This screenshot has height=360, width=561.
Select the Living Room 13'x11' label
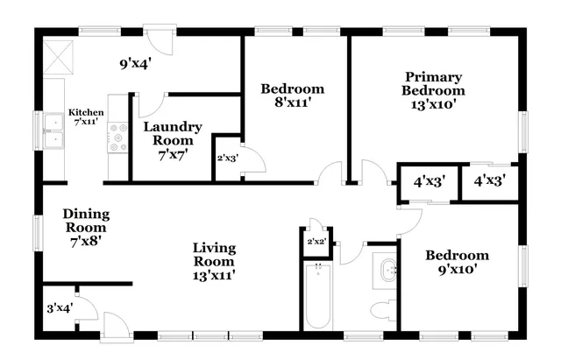(214, 260)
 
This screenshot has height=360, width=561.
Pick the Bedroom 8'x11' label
(293, 95)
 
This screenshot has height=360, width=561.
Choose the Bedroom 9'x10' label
(457, 262)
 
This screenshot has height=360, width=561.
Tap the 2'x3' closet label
(227, 159)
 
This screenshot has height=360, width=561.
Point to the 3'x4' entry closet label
(58, 308)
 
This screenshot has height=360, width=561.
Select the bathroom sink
(385, 271)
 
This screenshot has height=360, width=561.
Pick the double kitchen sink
(54, 138)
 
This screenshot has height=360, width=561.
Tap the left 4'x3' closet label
(429, 184)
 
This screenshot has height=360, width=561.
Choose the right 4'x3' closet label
(489, 184)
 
